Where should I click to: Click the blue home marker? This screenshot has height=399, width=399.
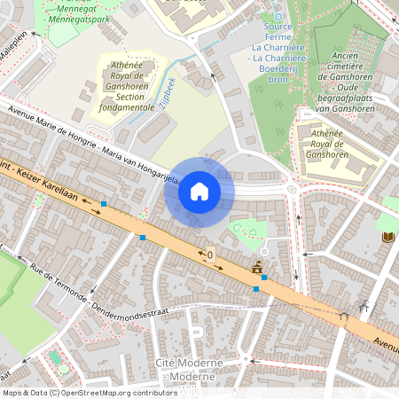click(x=199, y=192)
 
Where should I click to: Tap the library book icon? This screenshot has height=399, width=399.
click(x=387, y=237)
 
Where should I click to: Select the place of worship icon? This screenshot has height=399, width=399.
click(x=258, y=267)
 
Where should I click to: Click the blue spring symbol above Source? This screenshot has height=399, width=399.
click(x=278, y=16)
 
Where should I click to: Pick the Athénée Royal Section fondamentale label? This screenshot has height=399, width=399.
click(x=129, y=85)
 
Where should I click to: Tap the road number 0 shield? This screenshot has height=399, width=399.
click(x=210, y=255)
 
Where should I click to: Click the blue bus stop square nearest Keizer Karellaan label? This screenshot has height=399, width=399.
click(x=104, y=204)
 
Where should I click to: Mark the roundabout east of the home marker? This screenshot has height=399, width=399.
click(x=290, y=189)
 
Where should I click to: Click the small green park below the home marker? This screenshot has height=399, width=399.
click(x=248, y=229)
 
